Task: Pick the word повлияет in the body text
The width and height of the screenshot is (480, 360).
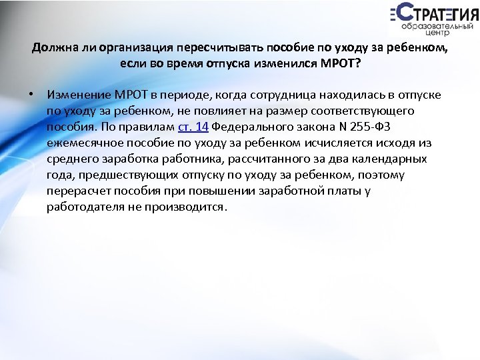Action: point(225,111)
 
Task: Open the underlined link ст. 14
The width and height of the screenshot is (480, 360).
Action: point(193,127)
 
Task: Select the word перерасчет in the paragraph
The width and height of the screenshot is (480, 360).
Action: point(76,191)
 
